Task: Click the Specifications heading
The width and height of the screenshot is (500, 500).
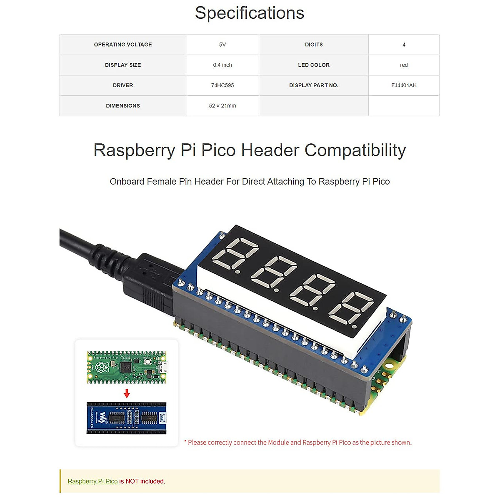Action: [x=250, y=13]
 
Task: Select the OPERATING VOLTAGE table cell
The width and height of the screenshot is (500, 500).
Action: [x=123, y=45]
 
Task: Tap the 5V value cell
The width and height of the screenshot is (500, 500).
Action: [x=222, y=45]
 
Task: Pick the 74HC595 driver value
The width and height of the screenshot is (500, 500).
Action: [x=222, y=85]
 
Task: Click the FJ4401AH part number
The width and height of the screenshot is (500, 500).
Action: [x=404, y=85]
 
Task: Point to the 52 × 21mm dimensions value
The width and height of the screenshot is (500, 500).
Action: [x=222, y=106]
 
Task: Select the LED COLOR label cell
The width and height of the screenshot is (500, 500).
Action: [x=314, y=65]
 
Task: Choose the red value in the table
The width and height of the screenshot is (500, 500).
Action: [x=404, y=65]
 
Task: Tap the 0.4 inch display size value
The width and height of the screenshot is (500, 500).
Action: [x=222, y=65]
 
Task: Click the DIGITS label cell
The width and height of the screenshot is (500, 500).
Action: [x=314, y=45]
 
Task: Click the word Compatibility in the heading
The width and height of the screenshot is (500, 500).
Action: [x=355, y=150]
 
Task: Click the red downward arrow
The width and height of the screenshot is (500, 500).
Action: [x=127, y=393]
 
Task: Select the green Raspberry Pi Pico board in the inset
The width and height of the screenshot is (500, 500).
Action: [x=127, y=367]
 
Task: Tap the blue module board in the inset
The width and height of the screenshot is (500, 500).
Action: [x=127, y=417]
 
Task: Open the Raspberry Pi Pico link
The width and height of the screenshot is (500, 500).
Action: [x=92, y=481]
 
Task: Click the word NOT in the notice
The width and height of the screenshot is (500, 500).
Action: [x=132, y=481]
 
